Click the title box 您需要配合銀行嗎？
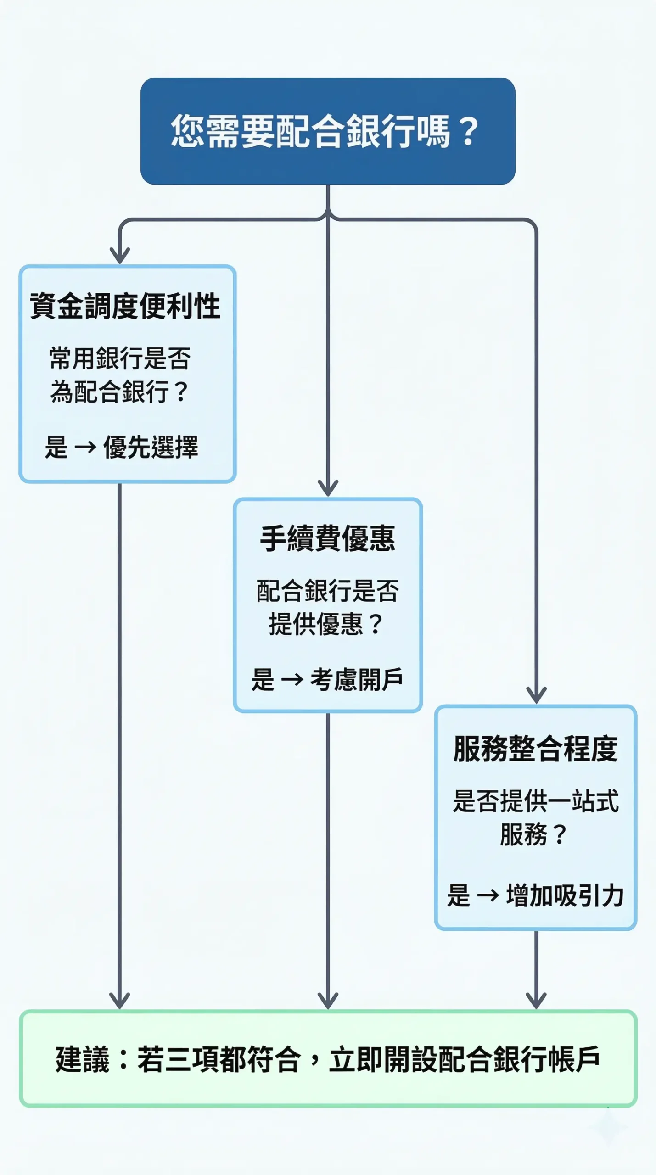328,131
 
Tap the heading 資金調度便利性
125,306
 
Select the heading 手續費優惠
328,538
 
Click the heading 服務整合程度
535,749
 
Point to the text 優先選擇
151,447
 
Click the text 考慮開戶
357,680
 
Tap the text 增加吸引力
565,895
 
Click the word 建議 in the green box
83,1059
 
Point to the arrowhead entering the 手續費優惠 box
328,488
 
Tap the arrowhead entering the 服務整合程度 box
536,695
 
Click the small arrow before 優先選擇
85,447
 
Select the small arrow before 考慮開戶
292,680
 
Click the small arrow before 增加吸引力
488,895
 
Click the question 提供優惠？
326,624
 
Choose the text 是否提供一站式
535,801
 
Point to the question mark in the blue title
468,131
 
